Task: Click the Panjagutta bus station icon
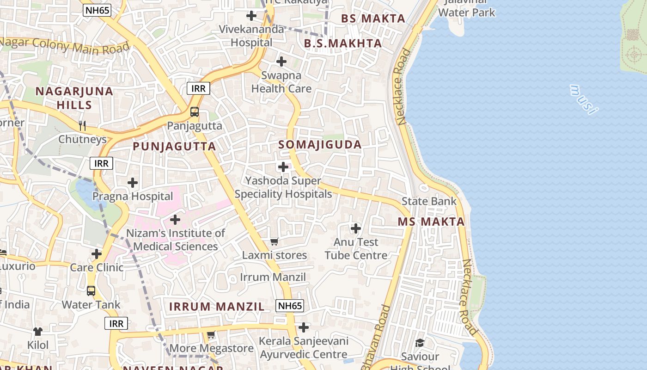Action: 195,112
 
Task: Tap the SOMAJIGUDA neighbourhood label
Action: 320,145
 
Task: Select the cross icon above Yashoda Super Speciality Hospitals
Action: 283,167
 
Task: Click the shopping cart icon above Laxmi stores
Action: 274,241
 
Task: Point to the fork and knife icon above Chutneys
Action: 82,125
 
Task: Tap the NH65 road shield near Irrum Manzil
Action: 290,306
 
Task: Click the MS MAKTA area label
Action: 431,222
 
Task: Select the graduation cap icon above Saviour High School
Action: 420,343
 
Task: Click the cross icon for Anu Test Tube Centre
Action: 356,228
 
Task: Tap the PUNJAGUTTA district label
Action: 174,147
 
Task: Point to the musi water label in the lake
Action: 583,99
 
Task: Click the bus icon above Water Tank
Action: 91,291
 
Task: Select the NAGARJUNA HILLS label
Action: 74,98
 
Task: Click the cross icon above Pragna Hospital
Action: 133,183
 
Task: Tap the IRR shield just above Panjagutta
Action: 198,88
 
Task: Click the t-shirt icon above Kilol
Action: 38,332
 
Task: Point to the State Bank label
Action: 429,201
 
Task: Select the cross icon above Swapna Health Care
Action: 281,62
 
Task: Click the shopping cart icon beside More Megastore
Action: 211,334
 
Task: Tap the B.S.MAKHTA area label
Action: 343,43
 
